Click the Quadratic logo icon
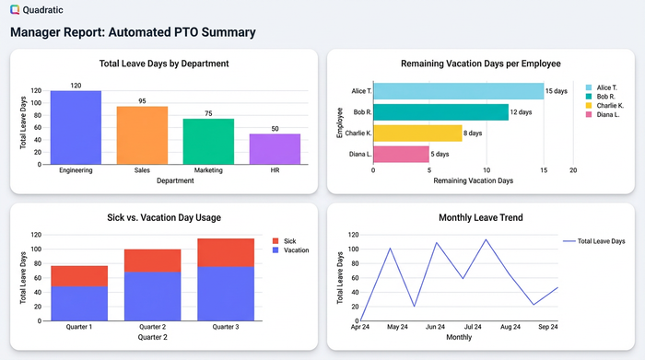[x=14, y=9]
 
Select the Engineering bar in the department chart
[x=76, y=127]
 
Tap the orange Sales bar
[x=142, y=135]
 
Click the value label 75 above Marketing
[x=208, y=113]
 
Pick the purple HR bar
[x=275, y=149]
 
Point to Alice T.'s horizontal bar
[x=458, y=91]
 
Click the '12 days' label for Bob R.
[x=521, y=112]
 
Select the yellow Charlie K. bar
[x=417, y=134]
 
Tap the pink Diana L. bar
[x=401, y=155]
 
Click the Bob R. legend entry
[x=604, y=97]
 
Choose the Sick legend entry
[x=289, y=239]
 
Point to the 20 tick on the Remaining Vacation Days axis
[x=573, y=170]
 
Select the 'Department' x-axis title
[x=175, y=181]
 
